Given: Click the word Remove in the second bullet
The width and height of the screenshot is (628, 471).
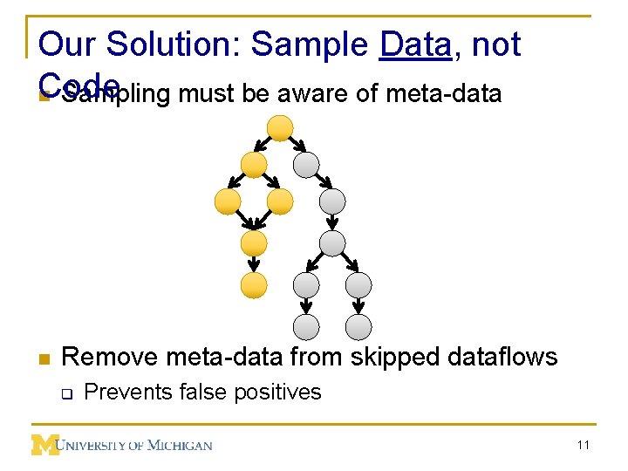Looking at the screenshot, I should tap(110, 357).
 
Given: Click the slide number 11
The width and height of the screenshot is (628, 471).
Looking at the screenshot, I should tap(583, 445).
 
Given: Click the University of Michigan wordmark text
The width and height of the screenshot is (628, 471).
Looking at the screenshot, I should tap(135, 445).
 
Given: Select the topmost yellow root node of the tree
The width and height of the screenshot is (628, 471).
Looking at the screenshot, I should tap(279, 128).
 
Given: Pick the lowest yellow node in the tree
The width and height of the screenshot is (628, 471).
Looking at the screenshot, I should tap(254, 285).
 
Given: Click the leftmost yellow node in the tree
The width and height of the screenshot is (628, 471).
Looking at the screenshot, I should tap(228, 202).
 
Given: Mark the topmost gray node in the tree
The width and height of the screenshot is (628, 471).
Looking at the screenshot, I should tap(306, 165).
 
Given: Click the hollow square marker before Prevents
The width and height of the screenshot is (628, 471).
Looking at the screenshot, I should tap(65, 393).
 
